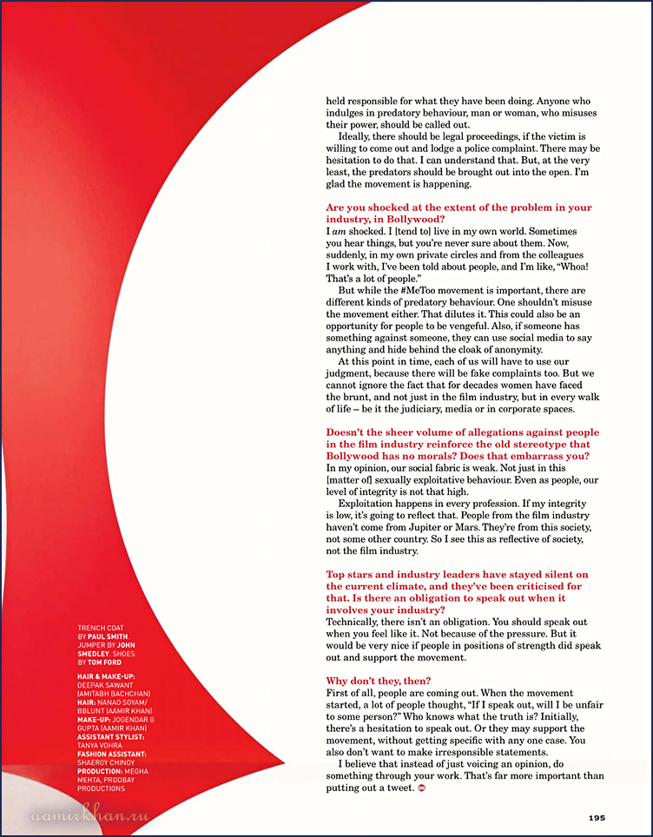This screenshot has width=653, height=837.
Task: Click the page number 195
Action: pos(597,817)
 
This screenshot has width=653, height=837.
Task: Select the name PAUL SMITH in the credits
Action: pos(108,636)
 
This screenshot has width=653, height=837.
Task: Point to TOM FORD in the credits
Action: pos(104,662)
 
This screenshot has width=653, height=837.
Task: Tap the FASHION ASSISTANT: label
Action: pos(111,755)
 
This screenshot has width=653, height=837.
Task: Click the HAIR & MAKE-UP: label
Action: pos(106,676)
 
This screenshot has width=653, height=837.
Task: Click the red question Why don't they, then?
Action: pos(378,681)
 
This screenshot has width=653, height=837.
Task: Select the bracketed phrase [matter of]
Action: pos(350,479)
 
